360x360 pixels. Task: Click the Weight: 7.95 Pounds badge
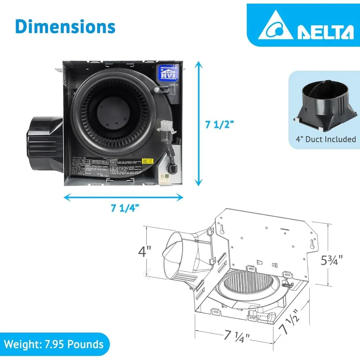coord(54,344)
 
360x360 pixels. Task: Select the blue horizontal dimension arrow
coord(124,196)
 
